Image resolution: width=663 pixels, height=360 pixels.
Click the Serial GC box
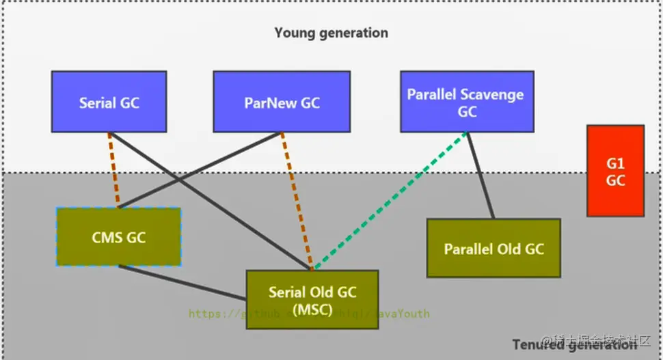point(109,102)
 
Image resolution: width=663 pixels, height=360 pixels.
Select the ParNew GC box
point(282,102)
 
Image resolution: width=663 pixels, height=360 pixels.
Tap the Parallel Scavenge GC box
point(467,102)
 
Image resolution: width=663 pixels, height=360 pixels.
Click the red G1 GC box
point(615,171)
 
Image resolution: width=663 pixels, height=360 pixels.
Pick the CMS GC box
point(118,237)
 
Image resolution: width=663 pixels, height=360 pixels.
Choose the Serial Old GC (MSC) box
point(312,300)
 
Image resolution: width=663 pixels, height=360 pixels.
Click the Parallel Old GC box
point(493,248)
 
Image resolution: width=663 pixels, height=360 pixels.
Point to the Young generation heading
point(331,33)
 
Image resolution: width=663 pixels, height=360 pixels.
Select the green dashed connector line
point(390,200)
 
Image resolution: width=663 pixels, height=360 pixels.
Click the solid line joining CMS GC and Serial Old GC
point(182,282)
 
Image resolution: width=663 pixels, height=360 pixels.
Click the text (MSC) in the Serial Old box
point(312,309)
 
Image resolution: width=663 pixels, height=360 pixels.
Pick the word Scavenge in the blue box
point(492,94)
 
